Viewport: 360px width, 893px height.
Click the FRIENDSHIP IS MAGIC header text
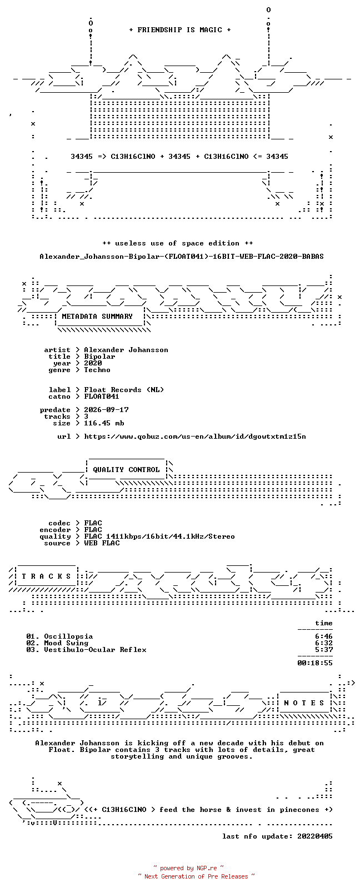tap(180, 30)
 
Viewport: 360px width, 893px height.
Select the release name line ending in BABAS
tap(182, 257)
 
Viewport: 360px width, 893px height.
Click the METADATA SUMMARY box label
tap(97, 317)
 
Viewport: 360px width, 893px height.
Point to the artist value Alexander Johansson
tap(126, 350)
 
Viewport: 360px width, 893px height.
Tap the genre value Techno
tap(97, 370)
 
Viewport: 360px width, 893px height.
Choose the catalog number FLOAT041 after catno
tap(101, 397)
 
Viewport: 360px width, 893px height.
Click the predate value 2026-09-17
tap(106, 410)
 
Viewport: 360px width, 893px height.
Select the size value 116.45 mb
tap(104, 423)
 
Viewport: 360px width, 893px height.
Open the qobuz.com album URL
tap(195, 437)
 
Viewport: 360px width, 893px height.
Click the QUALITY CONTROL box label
tap(126, 470)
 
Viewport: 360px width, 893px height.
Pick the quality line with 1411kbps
tap(159, 536)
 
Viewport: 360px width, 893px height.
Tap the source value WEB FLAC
tap(102, 543)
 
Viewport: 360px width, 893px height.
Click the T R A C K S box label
tap(46, 576)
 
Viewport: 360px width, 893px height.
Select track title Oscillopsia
tap(68, 636)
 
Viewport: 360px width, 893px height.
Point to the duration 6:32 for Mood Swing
tap(324, 643)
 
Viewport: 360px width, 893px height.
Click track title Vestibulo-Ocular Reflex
tap(95, 650)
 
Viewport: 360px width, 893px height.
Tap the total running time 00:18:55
tap(315, 663)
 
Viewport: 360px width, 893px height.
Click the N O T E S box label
tap(304, 703)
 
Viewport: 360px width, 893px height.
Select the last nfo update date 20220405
tap(315, 836)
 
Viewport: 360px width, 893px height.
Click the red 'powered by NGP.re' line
tap(188, 868)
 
